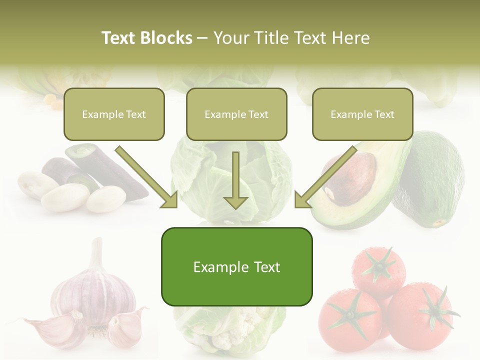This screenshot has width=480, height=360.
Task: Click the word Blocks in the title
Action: pos(166,38)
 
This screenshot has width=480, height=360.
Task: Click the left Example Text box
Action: pos(114,114)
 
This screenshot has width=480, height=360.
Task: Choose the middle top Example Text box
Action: pos(236,114)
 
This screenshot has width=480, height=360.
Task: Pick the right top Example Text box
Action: pos(362,114)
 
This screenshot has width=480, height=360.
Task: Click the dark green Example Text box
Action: pos(236,267)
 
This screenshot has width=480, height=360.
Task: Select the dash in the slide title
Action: pos(203,38)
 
